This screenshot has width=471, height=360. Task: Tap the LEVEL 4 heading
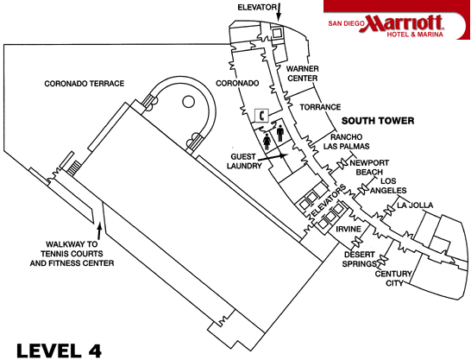tap(60, 351)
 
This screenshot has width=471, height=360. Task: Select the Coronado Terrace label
tap(85, 84)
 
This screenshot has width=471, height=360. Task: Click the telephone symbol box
tap(261, 116)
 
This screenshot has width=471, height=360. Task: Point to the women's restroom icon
tap(267, 142)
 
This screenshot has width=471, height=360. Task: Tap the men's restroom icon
tap(280, 133)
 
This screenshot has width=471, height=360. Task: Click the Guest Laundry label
tap(244, 161)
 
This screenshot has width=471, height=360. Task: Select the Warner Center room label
tap(303, 73)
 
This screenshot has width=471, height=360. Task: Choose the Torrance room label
tap(320, 107)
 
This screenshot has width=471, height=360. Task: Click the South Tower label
tap(378, 121)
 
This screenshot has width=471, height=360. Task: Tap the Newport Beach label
tap(369, 167)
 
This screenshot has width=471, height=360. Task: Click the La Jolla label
tap(415, 205)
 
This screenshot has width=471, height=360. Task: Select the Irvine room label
tap(349, 230)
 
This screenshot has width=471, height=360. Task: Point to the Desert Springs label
tap(359, 259)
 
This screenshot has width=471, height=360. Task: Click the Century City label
tap(393, 278)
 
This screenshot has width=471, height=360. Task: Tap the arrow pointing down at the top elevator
tap(279, 12)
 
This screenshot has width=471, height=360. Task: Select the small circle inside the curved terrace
tap(188, 102)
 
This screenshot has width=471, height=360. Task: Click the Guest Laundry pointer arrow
tap(271, 157)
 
